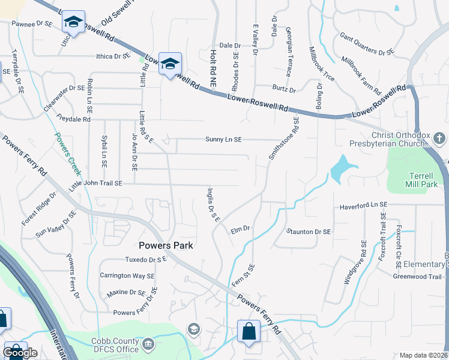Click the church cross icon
coord(439,139)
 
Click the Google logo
coord(20,353)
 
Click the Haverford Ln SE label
coord(364,205)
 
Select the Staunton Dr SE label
coord(309,232)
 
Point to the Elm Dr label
coord(240,229)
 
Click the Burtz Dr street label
coord(284,90)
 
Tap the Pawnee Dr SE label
coord(32,24)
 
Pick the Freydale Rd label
coord(73,119)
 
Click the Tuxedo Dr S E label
coord(145,260)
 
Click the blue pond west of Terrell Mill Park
coord(339,168)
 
